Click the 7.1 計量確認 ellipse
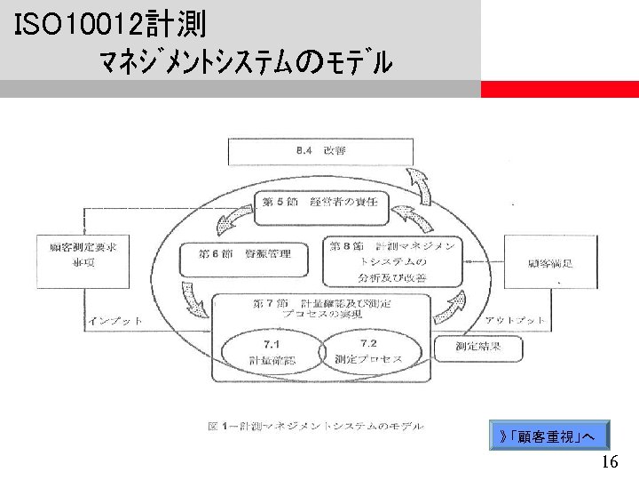pos(268,350)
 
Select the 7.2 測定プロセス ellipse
pos(368,350)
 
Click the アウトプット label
pos(515,320)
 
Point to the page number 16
pos(609,463)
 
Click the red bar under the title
pos(559,89)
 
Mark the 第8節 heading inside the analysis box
pos(346,244)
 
